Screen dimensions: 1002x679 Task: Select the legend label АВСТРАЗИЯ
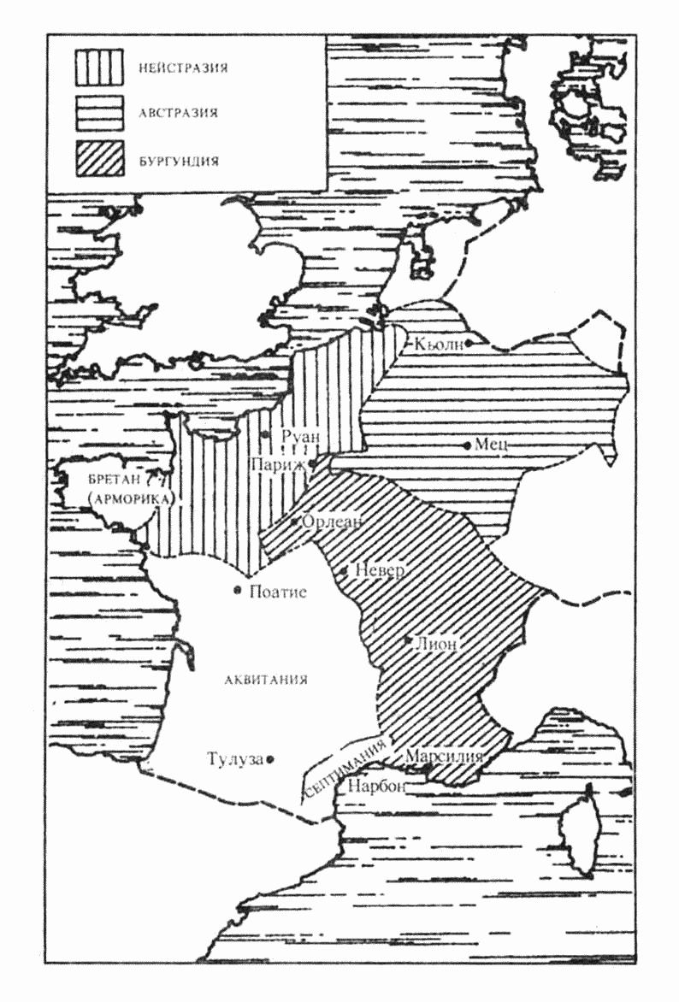coord(177,112)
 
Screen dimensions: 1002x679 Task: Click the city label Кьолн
coord(438,344)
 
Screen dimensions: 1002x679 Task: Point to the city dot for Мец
coord(467,445)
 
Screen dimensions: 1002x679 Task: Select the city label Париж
coord(276,463)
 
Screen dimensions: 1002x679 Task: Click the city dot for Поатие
coord(237,590)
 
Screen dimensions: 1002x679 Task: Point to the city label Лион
coord(438,642)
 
